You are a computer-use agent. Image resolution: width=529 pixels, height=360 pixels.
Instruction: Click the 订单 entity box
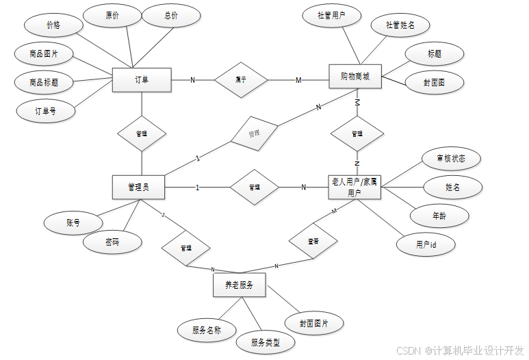tap(141, 80)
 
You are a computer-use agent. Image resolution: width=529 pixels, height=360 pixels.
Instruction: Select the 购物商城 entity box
tap(355, 77)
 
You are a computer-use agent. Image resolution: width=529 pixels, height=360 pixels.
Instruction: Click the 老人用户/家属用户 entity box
tap(354, 187)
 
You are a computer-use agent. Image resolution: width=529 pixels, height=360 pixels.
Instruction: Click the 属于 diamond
tap(241, 80)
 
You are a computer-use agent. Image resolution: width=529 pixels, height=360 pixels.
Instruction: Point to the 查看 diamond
tap(313, 241)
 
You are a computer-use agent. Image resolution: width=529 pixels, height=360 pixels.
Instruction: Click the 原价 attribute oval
tap(112, 16)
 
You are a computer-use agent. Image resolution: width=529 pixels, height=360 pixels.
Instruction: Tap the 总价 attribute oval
tap(172, 16)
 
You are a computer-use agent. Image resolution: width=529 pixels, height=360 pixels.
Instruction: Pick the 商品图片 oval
tap(44, 53)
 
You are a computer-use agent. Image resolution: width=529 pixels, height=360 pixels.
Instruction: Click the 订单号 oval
tap(45, 110)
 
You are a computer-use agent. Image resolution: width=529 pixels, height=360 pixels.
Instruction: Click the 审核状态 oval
tap(451, 159)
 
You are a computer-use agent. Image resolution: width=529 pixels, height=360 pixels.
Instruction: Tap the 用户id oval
tap(426, 244)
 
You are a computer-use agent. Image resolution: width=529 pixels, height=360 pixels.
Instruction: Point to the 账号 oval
tap(73, 222)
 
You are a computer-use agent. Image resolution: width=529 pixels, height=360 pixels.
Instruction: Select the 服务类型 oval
tap(265, 342)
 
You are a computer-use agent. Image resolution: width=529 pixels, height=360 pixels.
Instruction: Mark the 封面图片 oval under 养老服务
tap(314, 323)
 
